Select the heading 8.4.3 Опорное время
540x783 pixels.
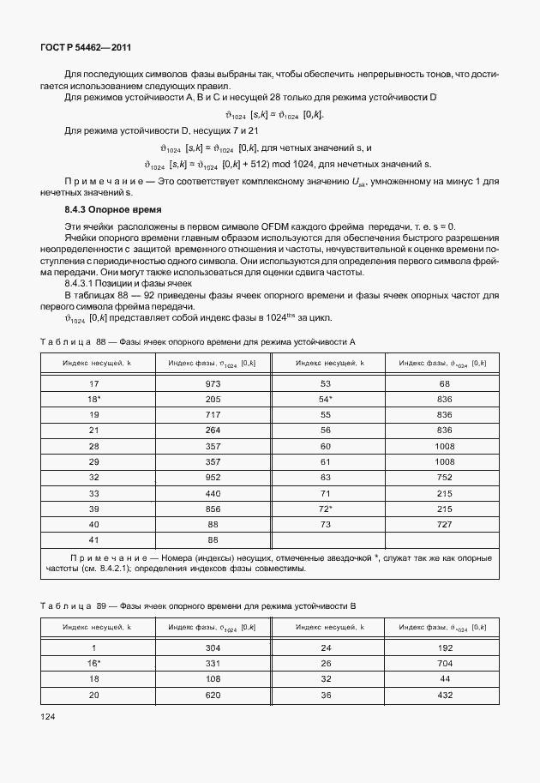pos(113,209)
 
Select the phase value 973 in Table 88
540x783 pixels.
pos(213,384)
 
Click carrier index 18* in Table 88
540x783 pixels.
pos(95,400)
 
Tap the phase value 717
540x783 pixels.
pos(213,415)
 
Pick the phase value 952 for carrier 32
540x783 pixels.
pos(213,477)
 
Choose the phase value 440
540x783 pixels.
pos(213,492)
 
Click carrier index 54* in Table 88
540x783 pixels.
pos(326,400)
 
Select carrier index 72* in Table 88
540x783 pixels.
pos(326,508)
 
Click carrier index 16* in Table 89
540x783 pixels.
pos(95,664)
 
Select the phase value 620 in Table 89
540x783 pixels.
pos(213,695)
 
